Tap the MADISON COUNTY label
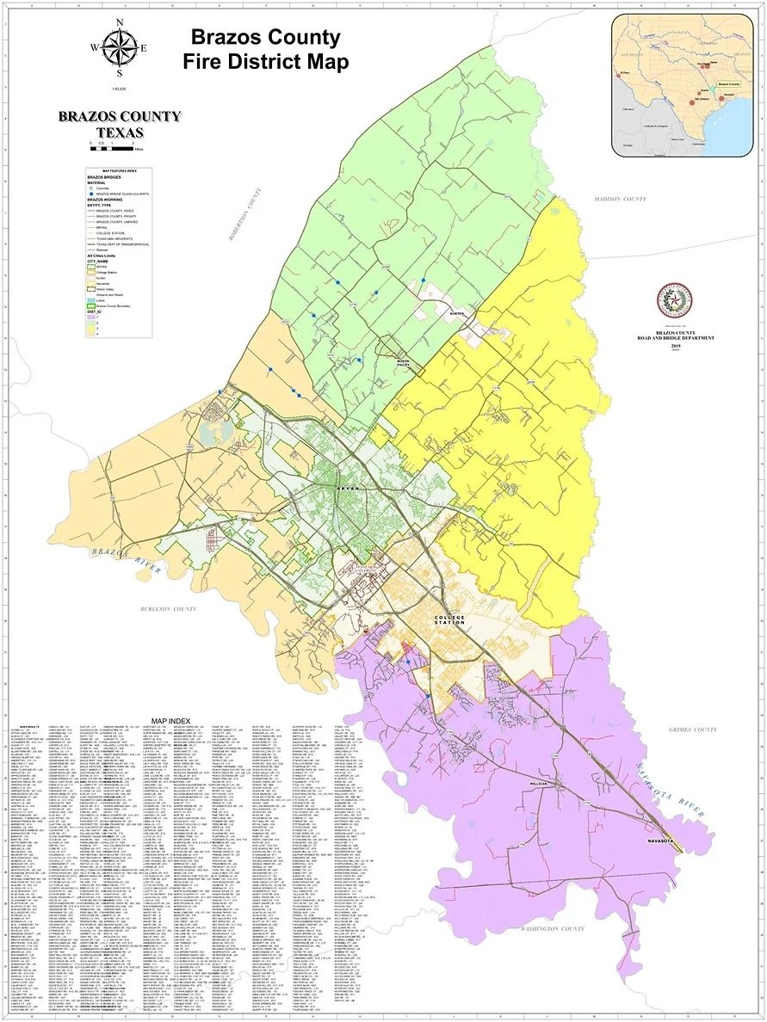pyautogui.click(x=620, y=200)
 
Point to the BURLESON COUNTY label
pyautogui.click(x=169, y=609)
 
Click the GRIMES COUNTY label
pyautogui.click(x=692, y=730)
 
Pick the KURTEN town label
pyautogui.click(x=456, y=314)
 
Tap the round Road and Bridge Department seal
pyautogui.click(x=672, y=299)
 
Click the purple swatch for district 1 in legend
pyautogui.click(x=90, y=316)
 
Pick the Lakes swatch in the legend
pyautogui.click(x=90, y=300)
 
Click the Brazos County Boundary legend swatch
pyautogui.click(x=90, y=305)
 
